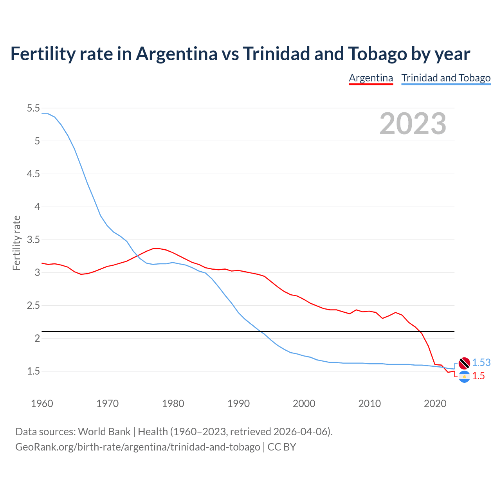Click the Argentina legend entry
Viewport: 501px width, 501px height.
point(371,78)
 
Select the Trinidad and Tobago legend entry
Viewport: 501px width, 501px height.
point(446,78)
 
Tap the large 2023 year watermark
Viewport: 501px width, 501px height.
point(413,124)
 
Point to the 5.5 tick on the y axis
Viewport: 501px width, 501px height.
point(33,108)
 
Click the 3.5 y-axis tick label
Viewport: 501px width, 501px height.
point(33,240)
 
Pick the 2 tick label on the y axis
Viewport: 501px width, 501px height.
point(37,338)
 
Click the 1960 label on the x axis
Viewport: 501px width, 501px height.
point(42,404)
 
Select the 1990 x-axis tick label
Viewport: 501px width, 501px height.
point(238,404)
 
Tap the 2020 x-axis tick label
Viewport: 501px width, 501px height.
point(435,404)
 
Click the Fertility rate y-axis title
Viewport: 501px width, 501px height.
point(16,243)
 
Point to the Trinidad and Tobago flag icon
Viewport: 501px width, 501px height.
point(464,363)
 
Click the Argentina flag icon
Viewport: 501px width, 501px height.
point(464,377)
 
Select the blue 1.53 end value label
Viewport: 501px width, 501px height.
point(481,363)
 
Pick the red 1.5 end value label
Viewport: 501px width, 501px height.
point(478,376)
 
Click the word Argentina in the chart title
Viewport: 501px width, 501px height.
point(177,54)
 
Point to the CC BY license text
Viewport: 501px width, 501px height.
point(282,447)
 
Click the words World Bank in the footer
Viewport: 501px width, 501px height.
point(104,432)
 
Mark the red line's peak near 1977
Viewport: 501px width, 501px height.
point(156,249)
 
